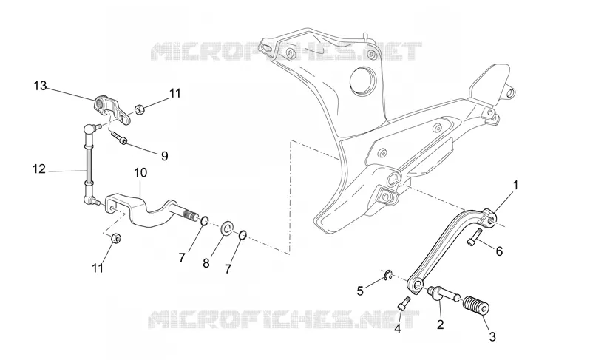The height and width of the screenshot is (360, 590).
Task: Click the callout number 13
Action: [40, 86]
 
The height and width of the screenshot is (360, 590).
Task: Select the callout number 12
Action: [38, 169]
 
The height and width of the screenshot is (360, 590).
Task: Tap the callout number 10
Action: [140, 173]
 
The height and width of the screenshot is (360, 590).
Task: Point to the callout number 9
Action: [164, 156]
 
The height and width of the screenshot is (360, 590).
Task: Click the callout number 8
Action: [206, 263]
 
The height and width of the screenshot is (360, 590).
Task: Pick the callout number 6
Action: [499, 251]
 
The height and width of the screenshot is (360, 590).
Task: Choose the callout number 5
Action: [360, 291]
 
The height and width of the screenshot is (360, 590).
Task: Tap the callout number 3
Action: [492, 336]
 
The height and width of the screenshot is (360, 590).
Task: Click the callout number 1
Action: [516, 185]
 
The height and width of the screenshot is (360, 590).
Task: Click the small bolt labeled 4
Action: [404, 303]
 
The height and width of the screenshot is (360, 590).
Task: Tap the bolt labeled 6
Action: [475, 237]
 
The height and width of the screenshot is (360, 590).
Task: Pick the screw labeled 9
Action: [119, 137]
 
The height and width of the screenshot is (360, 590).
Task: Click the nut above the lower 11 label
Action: [115, 238]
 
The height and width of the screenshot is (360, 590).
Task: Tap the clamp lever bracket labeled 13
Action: [112, 109]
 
